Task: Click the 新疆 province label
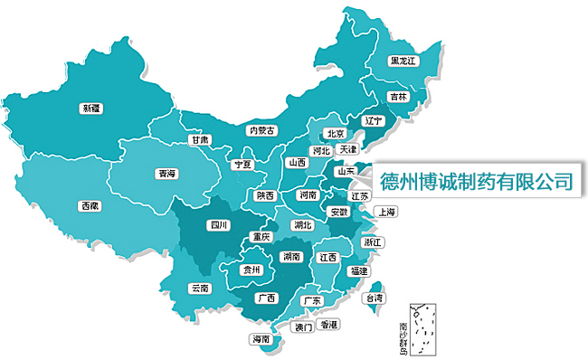point(91,108)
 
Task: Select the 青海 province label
point(166,173)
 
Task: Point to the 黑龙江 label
point(403,62)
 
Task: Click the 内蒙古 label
point(261,130)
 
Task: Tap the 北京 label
point(334,133)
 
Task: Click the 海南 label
point(261,338)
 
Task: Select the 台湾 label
point(373,298)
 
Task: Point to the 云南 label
point(200,289)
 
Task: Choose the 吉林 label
point(398,97)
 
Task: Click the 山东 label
point(346,170)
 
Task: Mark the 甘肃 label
point(200,140)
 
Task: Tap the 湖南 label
point(291,257)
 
